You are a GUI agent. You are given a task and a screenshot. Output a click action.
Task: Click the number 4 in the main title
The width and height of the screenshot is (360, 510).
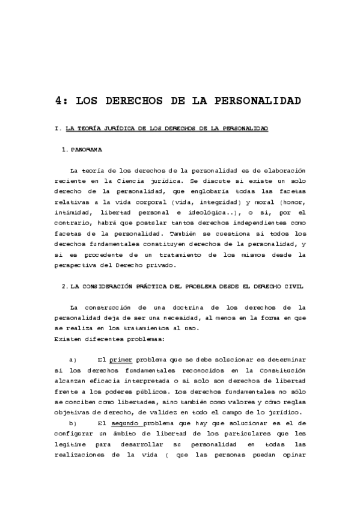pos(59,100)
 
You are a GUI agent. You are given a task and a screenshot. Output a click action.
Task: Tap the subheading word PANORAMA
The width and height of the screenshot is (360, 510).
pos(86,149)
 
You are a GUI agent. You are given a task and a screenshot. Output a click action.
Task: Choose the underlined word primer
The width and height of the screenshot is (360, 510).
pos(121,360)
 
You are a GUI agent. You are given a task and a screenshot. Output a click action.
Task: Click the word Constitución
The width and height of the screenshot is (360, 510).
pos(282,370)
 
